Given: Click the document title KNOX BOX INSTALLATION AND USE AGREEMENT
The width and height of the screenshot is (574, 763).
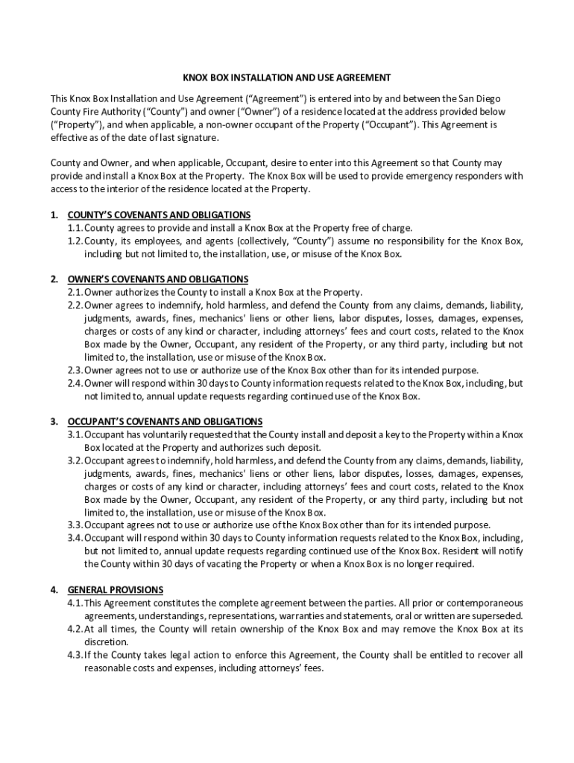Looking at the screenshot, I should click(x=287, y=77).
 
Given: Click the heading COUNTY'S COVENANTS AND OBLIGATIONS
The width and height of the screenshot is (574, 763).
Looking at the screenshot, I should click(x=159, y=215).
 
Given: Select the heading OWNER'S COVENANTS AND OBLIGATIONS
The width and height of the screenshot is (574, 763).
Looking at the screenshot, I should click(x=158, y=279).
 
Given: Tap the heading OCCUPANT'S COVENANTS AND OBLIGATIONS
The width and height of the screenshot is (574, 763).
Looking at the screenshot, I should click(x=165, y=422).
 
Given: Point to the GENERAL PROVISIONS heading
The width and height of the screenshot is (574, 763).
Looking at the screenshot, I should click(x=116, y=590).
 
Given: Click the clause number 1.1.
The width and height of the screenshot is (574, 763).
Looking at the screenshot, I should click(x=75, y=228).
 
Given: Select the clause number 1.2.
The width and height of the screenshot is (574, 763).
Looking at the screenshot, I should click(x=75, y=241).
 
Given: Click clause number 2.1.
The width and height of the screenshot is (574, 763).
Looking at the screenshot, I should click(x=75, y=292).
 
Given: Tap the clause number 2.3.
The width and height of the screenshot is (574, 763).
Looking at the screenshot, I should click(x=75, y=370).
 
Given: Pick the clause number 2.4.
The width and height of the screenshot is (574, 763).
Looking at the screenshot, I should click(x=75, y=383).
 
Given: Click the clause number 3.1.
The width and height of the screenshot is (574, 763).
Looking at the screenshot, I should click(x=75, y=434).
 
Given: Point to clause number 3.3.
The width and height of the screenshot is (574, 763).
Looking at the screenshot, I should click(x=75, y=525).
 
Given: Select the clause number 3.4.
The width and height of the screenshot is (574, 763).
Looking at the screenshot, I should click(x=75, y=538).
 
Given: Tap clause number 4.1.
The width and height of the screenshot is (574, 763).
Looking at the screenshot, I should click(x=75, y=603).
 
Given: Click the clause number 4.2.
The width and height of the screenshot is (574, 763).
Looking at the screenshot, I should click(x=75, y=629).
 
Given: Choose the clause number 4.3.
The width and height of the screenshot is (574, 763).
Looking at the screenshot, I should click(x=75, y=655).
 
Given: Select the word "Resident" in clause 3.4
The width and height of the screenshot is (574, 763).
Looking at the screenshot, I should click(x=464, y=551).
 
